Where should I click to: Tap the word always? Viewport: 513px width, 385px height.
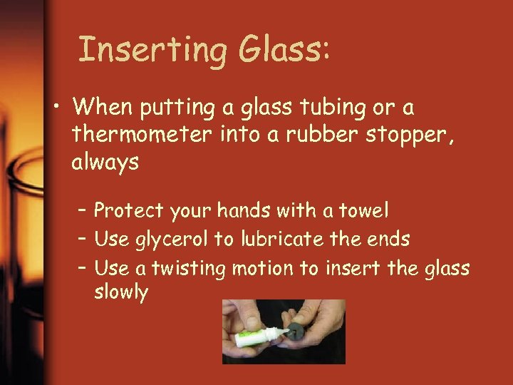click(x=105, y=163)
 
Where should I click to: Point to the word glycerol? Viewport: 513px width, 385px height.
click(x=175, y=240)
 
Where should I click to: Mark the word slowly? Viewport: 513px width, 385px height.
click(x=121, y=292)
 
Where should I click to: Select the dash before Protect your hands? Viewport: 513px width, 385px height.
click(x=83, y=210)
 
